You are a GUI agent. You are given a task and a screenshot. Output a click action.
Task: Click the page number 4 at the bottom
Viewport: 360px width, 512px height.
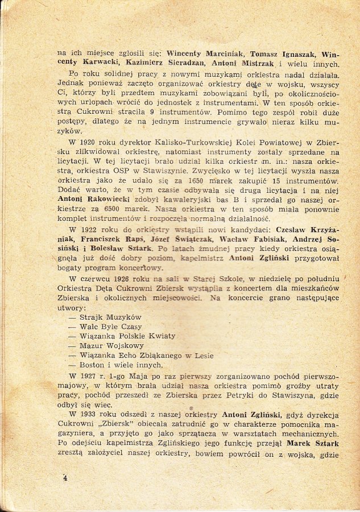[65, 478]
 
